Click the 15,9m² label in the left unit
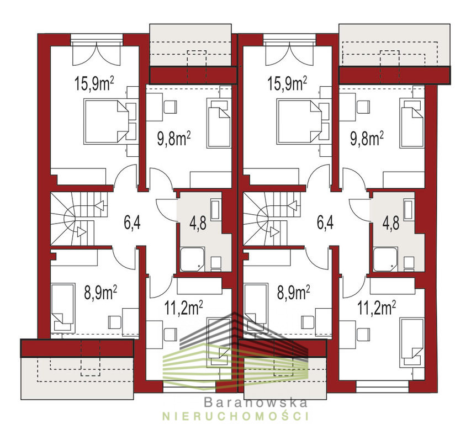tap(94, 84)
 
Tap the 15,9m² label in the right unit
tap(288, 84)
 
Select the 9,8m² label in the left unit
tap(174, 139)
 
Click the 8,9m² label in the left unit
tap(100, 293)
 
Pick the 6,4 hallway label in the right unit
tap(325, 223)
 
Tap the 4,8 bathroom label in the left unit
tap(198, 223)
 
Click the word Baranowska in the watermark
tap(256, 402)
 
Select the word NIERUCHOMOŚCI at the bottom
tap(235, 416)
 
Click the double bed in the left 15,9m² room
tap(107, 121)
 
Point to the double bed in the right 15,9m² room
tap(299, 121)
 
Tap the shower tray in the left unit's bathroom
tap(193, 259)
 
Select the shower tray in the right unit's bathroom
tap(386, 259)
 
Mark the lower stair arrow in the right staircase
tap(274, 232)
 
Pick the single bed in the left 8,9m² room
tap(63, 306)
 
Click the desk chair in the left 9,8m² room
tap(170, 107)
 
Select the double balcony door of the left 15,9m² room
tap(97, 54)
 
